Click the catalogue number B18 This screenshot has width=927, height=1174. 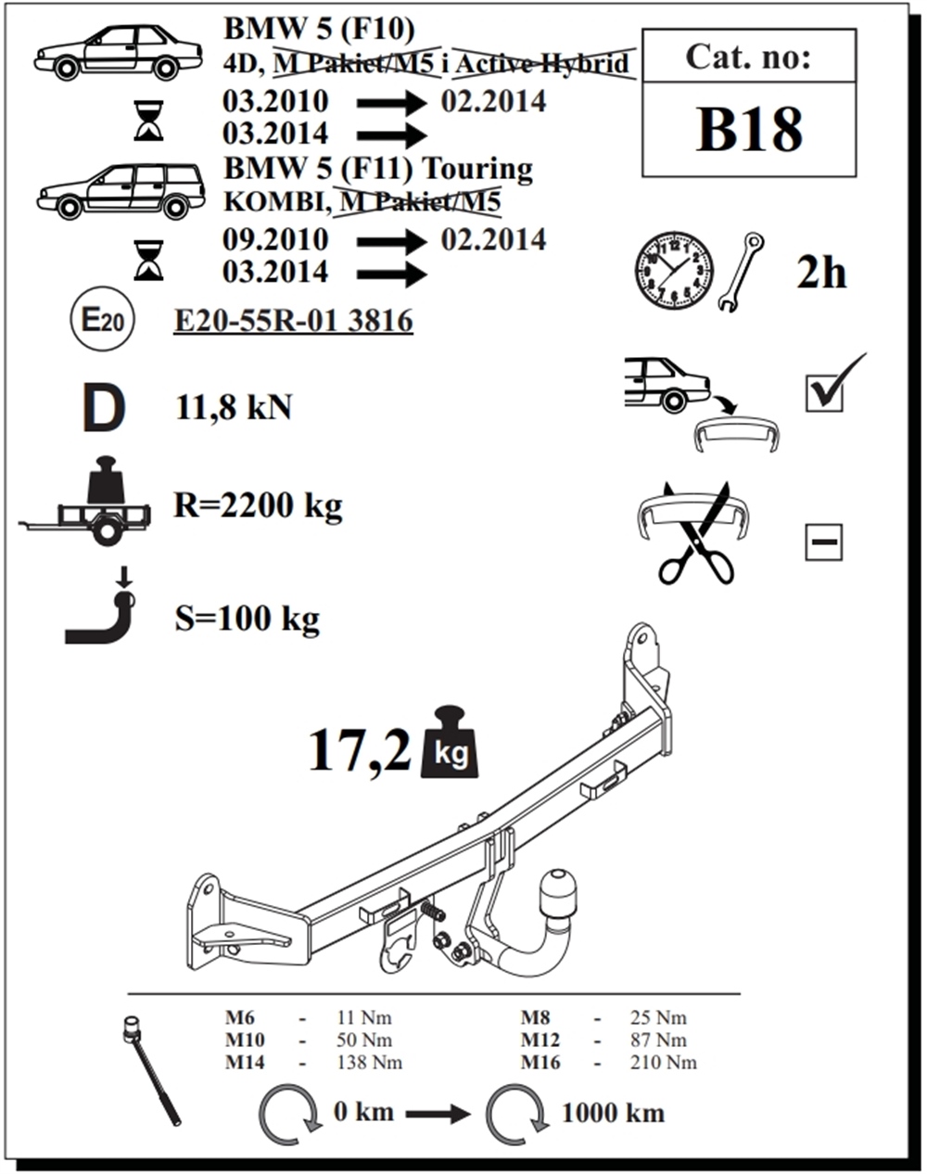click(x=749, y=129)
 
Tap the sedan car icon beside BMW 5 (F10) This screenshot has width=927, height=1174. click(x=119, y=52)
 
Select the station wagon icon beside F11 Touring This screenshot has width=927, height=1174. click(x=121, y=191)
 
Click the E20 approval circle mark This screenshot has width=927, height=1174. click(x=103, y=320)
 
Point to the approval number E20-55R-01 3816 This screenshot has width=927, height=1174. click(x=293, y=321)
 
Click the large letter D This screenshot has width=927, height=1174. click(x=104, y=408)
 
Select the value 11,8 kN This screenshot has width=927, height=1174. click(x=234, y=407)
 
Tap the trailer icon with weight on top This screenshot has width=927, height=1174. click(x=84, y=501)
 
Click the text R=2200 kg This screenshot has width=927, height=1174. click(x=258, y=505)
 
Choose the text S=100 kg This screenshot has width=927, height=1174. click(x=247, y=619)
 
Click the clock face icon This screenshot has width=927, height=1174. click(x=675, y=271)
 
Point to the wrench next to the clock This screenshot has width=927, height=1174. click(x=741, y=273)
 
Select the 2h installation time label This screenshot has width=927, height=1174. click(x=821, y=273)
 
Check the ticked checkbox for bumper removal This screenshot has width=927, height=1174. click(x=824, y=391)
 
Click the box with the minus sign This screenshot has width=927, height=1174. click(x=824, y=542)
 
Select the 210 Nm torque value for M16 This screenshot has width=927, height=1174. click(x=664, y=1064)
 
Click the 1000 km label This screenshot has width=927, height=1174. click(x=614, y=1114)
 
